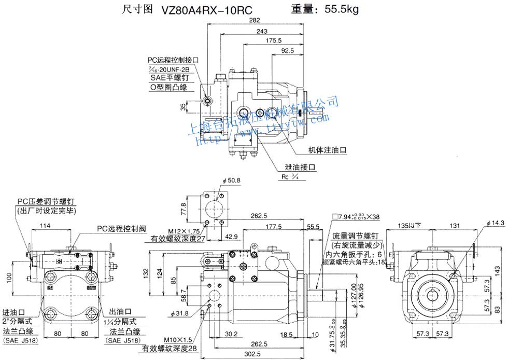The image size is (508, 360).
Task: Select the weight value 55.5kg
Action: [340, 9]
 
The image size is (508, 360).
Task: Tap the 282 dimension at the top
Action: [254, 21]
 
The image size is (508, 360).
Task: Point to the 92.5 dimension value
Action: [287, 50]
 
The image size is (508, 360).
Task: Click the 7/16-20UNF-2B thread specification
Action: [171, 69]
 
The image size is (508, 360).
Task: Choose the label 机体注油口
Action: [327, 150]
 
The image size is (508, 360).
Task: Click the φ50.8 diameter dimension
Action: [231, 181]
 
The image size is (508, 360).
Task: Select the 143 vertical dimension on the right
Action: [497, 270]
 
